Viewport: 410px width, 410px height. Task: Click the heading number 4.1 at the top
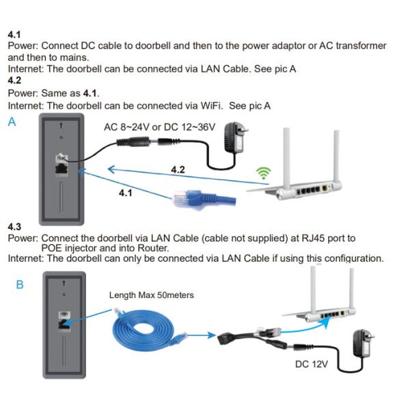(14, 33)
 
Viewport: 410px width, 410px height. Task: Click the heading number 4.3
(14, 226)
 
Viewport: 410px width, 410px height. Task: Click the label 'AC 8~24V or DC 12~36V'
(159, 127)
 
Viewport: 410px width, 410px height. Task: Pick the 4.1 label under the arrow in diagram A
(125, 193)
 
